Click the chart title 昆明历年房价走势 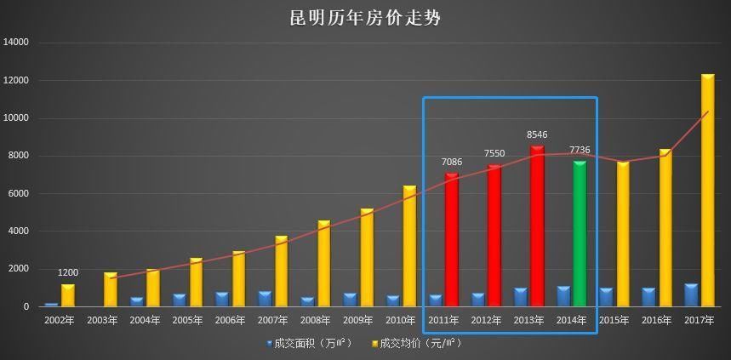tap(365, 18)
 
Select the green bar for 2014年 tap(580, 234)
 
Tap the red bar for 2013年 tap(537, 226)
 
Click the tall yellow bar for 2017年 tap(708, 191)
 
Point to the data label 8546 tap(537, 134)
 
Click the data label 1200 tap(68, 272)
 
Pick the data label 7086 tap(452, 162)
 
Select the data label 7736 tap(580, 151)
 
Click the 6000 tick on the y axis tap(19, 193)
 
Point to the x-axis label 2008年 tap(315, 321)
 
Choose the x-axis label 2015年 tap(614, 321)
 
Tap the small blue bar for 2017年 tap(691, 295)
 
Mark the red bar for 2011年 tap(452, 240)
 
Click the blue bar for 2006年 tap(221, 300)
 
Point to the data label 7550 tap(494, 154)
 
